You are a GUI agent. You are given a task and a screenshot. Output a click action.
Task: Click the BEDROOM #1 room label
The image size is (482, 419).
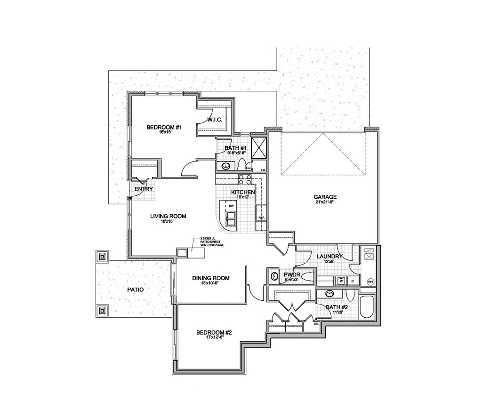point(161,127)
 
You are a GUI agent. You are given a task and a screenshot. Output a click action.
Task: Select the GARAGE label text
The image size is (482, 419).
point(325,197)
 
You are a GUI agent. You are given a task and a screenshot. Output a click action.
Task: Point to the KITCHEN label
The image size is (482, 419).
point(243,192)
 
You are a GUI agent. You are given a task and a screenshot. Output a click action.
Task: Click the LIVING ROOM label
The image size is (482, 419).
point(168,216)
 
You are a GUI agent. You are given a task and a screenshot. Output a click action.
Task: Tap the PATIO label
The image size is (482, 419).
point(135,290)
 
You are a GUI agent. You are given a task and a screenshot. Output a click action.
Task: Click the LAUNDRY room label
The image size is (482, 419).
point(329,256)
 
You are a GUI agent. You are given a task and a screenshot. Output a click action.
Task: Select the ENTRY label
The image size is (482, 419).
point(144,189)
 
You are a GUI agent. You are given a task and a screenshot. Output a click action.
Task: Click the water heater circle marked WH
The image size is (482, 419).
point(370,282)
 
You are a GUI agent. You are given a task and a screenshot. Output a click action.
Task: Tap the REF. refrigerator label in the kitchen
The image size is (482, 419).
point(261,218)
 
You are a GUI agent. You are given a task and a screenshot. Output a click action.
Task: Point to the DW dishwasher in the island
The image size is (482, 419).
point(231,206)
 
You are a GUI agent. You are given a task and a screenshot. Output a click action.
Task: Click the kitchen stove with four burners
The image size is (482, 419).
point(245,179)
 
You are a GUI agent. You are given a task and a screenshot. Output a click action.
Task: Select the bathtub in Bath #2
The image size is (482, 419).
point(367,307)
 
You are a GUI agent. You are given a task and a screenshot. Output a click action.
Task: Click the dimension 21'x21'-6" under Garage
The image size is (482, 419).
point(325,202)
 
